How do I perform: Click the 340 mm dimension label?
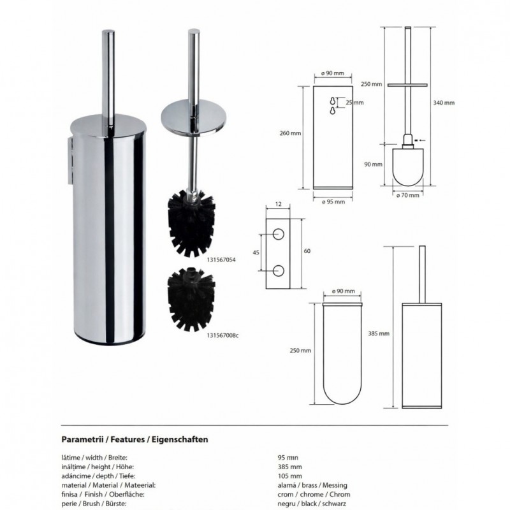tap(444, 103)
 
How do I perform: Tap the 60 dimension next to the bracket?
tap(307, 252)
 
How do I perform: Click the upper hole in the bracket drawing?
tap(278, 233)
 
